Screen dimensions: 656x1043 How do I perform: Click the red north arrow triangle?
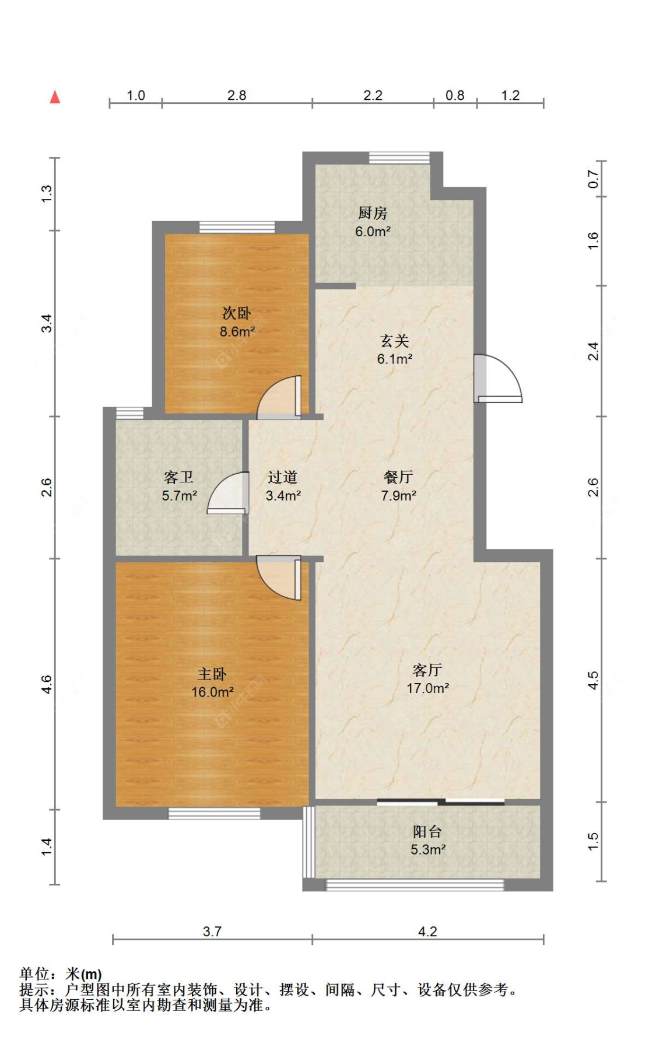click(55, 97)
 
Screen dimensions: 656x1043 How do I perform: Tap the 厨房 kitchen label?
click(373, 222)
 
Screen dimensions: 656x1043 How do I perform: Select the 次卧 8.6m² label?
click(237, 322)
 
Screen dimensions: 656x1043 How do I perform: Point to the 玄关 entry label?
click(395, 349)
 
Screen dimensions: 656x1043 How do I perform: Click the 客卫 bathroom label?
click(179, 486)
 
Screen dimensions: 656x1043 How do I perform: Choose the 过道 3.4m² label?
click(283, 486)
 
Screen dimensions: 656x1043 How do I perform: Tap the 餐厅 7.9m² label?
click(398, 486)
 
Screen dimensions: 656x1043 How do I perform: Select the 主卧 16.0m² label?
click(212, 682)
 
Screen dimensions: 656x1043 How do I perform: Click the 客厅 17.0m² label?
click(427, 678)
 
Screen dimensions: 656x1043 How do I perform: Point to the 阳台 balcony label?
click(427, 840)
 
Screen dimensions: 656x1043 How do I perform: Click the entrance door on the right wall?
click(497, 379)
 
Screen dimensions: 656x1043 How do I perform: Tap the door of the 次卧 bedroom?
click(279, 397)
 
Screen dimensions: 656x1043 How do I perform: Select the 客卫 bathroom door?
click(227, 493)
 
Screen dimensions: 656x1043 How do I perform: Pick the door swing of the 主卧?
click(279, 577)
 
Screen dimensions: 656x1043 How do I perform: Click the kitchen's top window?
click(399, 157)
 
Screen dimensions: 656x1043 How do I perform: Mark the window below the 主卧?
click(215, 813)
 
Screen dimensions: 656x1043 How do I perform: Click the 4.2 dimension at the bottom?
click(427, 932)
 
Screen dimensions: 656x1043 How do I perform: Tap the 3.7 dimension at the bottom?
click(212, 932)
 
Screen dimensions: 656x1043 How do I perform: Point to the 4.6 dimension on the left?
click(47, 684)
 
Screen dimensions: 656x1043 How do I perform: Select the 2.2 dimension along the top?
click(373, 95)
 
